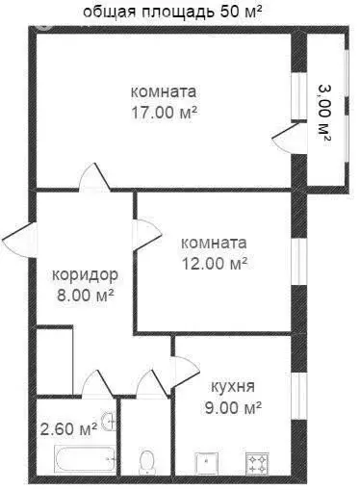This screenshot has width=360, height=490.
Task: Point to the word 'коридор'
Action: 85,273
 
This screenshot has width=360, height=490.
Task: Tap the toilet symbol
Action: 147,462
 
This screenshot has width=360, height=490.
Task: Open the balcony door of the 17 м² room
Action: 285,140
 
